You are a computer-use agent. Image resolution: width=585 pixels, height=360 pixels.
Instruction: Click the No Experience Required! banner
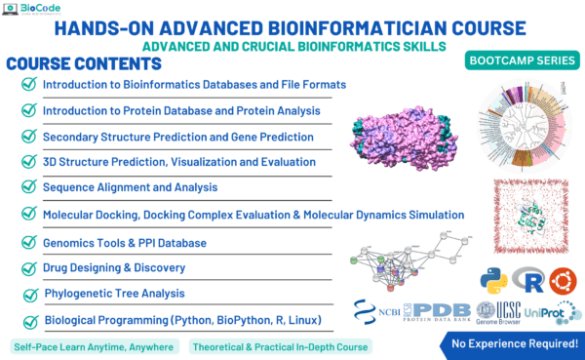click(x=513, y=343)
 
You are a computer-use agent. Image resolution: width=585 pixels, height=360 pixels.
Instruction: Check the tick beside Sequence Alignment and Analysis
click(x=29, y=186)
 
